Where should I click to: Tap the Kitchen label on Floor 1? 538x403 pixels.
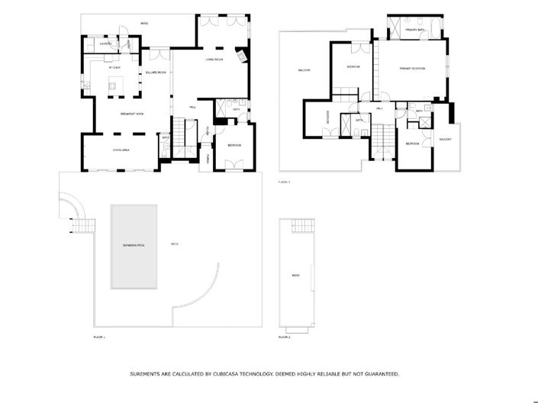pos(115,68)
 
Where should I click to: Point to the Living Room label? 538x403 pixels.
pos(213,60)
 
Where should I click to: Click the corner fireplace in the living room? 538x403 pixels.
pos(242,56)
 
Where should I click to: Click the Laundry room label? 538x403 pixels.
pos(106,44)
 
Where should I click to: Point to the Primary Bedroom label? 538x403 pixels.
pos(412,69)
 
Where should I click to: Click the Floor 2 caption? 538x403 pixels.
pos(284,337)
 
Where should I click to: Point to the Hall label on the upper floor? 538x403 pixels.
pos(379,108)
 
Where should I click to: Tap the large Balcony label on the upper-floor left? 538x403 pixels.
pos(303,71)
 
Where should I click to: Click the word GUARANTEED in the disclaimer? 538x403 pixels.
pos(378,374)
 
